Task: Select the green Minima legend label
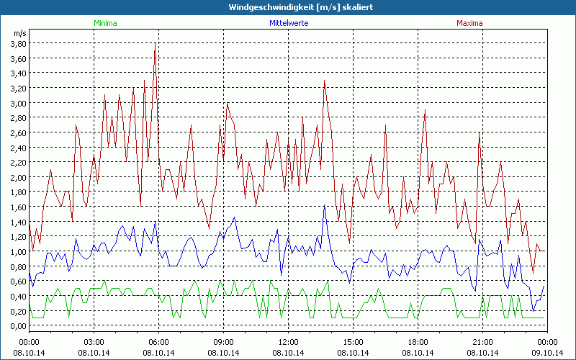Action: click(x=104, y=23)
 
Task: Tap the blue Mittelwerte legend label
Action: click(x=289, y=23)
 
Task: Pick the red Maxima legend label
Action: click(x=470, y=23)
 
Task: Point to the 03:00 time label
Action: click(x=94, y=341)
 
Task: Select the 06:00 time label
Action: click(x=159, y=341)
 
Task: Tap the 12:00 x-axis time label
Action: click(x=289, y=341)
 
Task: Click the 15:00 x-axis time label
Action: click(x=354, y=341)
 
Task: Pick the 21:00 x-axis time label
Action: click(x=483, y=341)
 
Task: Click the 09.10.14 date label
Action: click(x=547, y=353)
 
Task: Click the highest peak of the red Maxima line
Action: click(x=156, y=45)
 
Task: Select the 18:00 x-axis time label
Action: click(x=418, y=341)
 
